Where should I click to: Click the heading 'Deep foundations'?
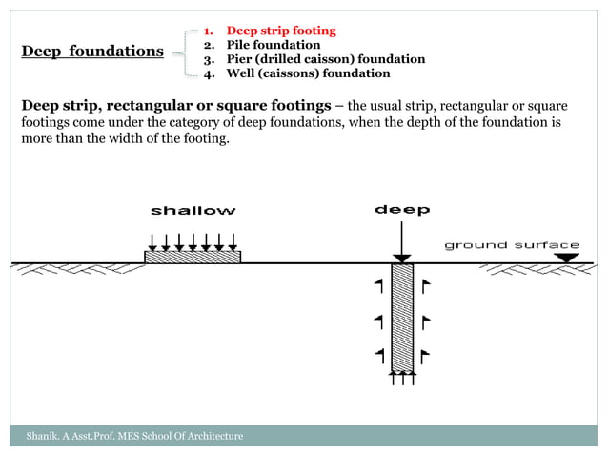click(x=92, y=52)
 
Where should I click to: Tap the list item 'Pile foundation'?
click(x=273, y=45)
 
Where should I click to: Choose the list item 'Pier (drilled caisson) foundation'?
click(x=325, y=59)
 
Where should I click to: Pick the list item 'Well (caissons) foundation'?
click(x=308, y=73)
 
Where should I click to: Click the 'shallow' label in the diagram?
click(x=193, y=210)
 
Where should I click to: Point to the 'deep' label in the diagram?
click(x=401, y=209)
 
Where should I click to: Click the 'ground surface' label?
click(x=512, y=245)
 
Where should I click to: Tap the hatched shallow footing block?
click(x=192, y=256)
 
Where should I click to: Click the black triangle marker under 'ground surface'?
click(x=567, y=257)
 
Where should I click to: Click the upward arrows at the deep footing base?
click(x=402, y=379)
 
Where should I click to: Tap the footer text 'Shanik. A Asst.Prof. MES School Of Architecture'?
click(x=134, y=436)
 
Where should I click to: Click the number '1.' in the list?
click(x=211, y=31)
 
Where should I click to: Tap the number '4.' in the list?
click(x=211, y=73)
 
